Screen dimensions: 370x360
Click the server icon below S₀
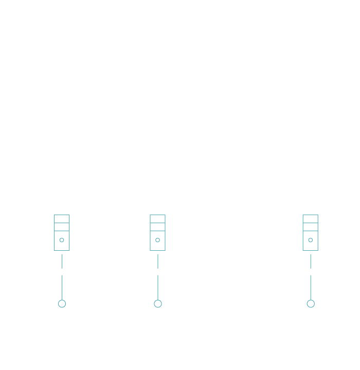[62, 233]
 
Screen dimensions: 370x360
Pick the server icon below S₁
[158, 233]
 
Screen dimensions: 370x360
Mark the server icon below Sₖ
[310, 233]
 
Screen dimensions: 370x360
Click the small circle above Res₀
[62, 303]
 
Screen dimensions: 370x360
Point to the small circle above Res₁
[158, 303]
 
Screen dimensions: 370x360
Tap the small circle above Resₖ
[310, 303]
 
